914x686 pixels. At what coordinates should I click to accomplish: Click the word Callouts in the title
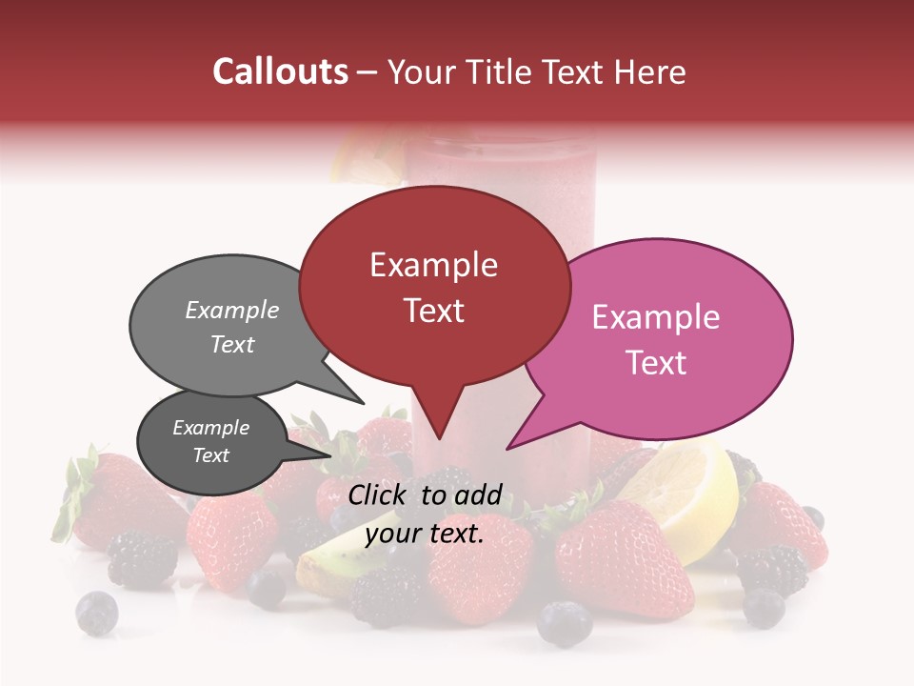[x=280, y=71]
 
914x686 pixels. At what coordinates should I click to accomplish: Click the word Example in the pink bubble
[x=656, y=317]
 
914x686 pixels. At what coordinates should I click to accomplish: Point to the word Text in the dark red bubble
[x=434, y=311]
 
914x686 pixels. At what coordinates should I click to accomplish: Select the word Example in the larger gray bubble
[x=232, y=311]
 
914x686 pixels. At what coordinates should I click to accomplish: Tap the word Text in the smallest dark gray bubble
[x=211, y=455]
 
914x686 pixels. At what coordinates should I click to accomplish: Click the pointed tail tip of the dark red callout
[x=438, y=439]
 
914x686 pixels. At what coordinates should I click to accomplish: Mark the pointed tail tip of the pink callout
[x=507, y=449]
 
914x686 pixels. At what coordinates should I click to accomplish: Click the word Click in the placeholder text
[x=380, y=494]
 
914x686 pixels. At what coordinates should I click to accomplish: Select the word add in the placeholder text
[x=477, y=494]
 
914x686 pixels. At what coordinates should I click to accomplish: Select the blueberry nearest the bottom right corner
[x=764, y=607]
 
